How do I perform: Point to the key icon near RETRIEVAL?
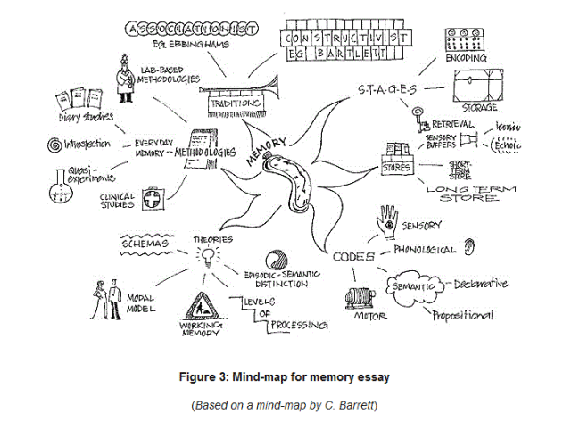[x=418, y=118]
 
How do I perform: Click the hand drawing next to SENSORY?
[x=388, y=220]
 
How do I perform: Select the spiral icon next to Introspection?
[x=53, y=145]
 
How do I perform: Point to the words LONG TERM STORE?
[x=475, y=193]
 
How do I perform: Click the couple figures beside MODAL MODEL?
[x=107, y=299]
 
